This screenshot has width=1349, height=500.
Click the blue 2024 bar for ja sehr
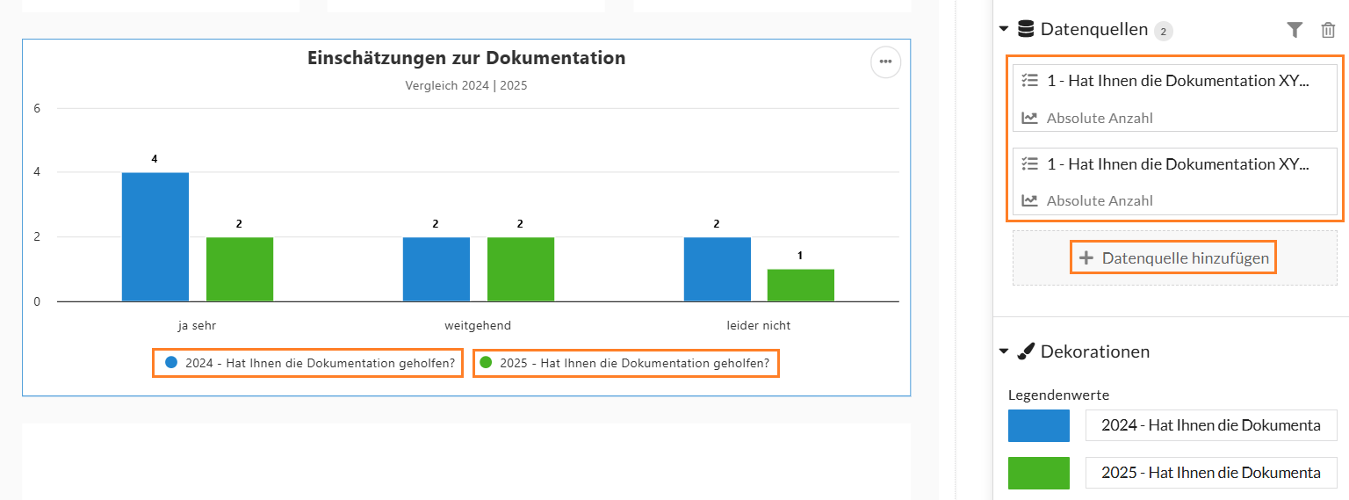pyautogui.click(x=155, y=237)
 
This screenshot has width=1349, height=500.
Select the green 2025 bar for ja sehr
pyautogui.click(x=240, y=269)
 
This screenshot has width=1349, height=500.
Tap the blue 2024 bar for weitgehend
pyautogui.click(x=436, y=269)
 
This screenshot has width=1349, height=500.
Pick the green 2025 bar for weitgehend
pyautogui.click(x=521, y=269)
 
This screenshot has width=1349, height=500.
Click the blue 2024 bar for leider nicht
pyautogui.click(x=718, y=269)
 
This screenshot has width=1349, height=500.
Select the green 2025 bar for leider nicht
pyautogui.click(x=801, y=285)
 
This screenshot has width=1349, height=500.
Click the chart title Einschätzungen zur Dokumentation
pyautogui.click(x=466, y=59)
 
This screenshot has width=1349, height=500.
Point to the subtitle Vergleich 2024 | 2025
pyautogui.click(x=466, y=86)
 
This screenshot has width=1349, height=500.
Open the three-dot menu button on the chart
pyautogui.click(x=885, y=62)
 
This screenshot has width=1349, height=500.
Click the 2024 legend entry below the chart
pyautogui.click(x=307, y=363)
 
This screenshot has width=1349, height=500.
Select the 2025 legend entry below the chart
pyautogui.click(x=625, y=363)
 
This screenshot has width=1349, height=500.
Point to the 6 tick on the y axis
pyautogui.click(x=37, y=109)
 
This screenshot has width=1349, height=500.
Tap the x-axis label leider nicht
pyautogui.click(x=759, y=325)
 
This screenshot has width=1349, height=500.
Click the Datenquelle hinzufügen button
pyautogui.click(x=1173, y=258)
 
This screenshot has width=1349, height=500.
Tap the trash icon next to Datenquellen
pyautogui.click(x=1328, y=31)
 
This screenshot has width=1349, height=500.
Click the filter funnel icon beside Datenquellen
pyautogui.click(x=1295, y=31)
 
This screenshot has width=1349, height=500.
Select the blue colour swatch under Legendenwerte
pyautogui.click(x=1039, y=425)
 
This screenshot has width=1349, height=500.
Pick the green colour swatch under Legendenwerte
pyautogui.click(x=1039, y=473)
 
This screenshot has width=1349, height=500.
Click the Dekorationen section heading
pyautogui.click(x=1094, y=351)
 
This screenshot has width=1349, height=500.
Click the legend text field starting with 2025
pyautogui.click(x=1211, y=473)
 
